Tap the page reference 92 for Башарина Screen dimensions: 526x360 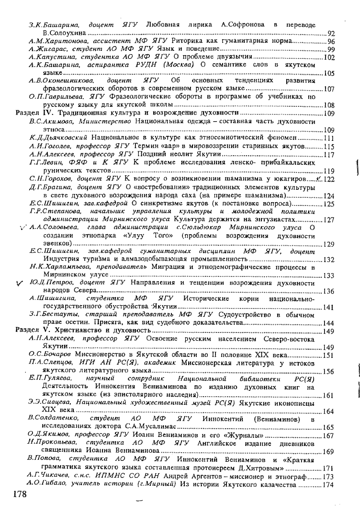[x=331, y=33]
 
